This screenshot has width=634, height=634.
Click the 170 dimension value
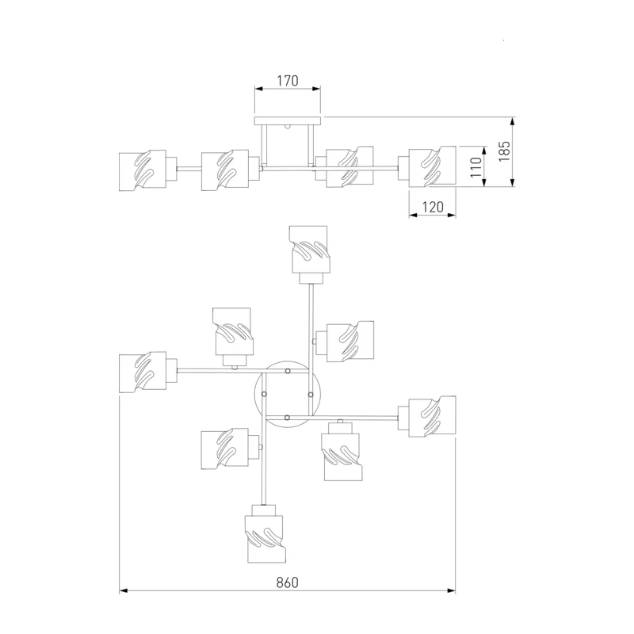pos(288,81)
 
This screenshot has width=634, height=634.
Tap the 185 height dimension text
pos(504,151)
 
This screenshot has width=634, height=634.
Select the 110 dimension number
pos(476,167)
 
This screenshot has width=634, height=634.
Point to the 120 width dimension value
pos(433,207)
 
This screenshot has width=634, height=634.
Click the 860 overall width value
pos(288,582)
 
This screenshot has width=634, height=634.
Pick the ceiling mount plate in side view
pos(288,120)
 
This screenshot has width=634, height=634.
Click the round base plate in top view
pos(288,394)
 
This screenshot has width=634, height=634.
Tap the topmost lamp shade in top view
pos(309,250)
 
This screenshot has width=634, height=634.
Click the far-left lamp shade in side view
pos(143,170)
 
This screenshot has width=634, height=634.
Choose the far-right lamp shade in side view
pos(432,166)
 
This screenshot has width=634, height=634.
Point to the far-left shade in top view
pos(143,372)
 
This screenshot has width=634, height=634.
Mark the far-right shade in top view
pos(432,417)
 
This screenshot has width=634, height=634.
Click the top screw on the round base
pos(288,371)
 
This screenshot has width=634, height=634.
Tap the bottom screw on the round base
pos(287,418)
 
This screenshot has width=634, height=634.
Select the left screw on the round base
pos(264,394)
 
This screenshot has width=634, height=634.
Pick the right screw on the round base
pos(311,394)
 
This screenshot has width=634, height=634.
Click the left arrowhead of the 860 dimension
pos(124,590)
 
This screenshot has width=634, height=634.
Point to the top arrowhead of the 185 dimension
pos(512,121)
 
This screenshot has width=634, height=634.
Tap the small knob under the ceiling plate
pos(288,126)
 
